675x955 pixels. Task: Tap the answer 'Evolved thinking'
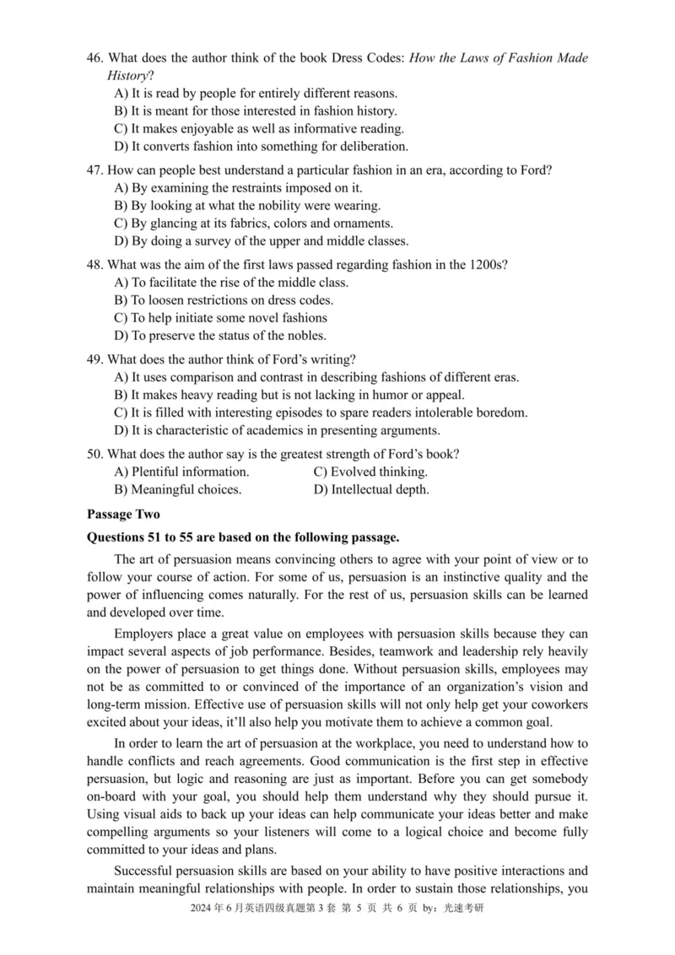tap(370, 472)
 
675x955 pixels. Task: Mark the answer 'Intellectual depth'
tap(371, 489)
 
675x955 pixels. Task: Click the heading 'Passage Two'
tap(123, 513)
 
